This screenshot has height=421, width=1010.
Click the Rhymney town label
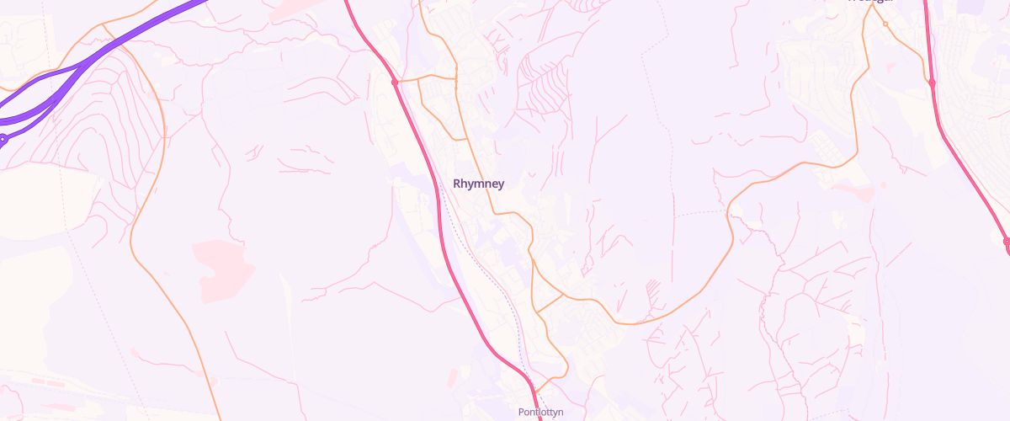(479, 184)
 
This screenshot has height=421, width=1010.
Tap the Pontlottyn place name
(540, 413)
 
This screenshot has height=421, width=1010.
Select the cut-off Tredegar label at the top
(869, 2)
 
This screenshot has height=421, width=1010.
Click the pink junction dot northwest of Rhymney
(394, 83)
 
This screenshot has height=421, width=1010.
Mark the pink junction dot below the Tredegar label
(932, 83)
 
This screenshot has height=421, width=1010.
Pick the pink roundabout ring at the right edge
(1007, 242)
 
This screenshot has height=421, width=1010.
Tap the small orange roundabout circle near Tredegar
(885, 24)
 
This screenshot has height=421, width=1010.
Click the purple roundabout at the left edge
(3, 139)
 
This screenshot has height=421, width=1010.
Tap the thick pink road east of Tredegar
(968, 168)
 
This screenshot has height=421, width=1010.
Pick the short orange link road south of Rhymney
(550, 298)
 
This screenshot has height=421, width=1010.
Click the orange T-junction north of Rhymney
(456, 77)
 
